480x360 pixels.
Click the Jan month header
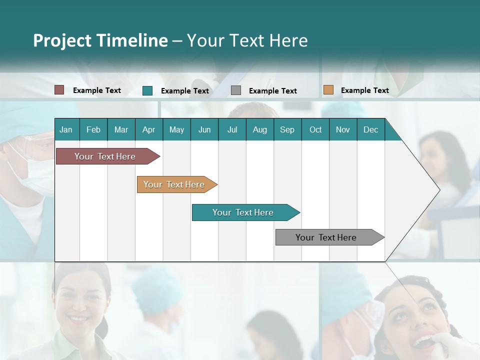tap(66, 129)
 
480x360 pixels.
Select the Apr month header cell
tap(148, 129)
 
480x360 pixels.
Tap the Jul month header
tap(232, 129)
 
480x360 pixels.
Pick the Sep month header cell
tap(287, 129)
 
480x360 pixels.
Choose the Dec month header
tap(370, 129)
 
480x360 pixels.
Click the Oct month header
tap(315, 129)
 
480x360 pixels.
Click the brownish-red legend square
tap(59, 90)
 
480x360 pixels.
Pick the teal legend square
tap(147, 90)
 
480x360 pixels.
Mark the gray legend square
tap(236, 90)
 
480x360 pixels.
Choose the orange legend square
tap(328, 90)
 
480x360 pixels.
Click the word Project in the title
tap(62, 40)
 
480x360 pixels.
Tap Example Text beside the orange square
tap(364, 90)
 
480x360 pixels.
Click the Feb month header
tap(93, 129)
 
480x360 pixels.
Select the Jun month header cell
tap(204, 129)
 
